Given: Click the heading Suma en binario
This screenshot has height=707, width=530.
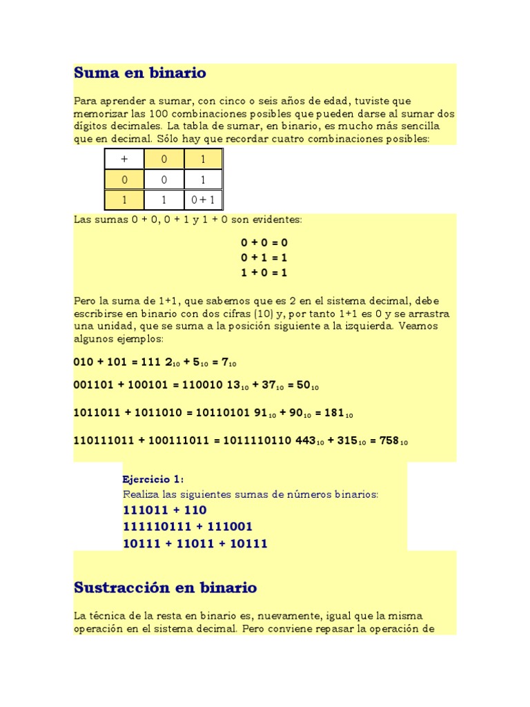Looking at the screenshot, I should pyautogui.click(x=140, y=72).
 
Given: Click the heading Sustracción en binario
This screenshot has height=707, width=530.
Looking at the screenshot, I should pyautogui.click(x=166, y=588).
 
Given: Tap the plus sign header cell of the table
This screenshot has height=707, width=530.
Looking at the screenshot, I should pyautogui.click(x=124, y=159).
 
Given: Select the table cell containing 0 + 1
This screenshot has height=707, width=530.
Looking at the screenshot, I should pyautogui.click(x=203, y=200).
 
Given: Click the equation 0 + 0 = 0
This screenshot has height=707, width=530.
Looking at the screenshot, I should pyautogui.click(x=264, y=242).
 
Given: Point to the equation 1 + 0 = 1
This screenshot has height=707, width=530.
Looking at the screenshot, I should pyautogui.click(x=264, y=272).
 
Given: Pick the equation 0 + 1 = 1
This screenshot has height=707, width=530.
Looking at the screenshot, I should pyautogui.click(x=264, y=257).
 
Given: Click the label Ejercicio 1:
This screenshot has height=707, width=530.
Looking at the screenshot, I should pyautogui.click(x=153, y=479).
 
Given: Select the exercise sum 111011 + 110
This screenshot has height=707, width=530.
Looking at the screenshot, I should pyautogui.click(x=165, y=510).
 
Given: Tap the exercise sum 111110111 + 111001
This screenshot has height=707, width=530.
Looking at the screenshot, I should pyautogui.click(x=188, y=527).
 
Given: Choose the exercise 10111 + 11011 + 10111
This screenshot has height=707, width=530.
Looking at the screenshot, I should pyautogui.click(x=195, y=543).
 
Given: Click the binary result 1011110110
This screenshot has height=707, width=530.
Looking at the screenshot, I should pyautogui.click(x=257, y=440).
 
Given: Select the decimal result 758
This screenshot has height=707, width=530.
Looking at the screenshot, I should pyautogui.click(x=389, y=440).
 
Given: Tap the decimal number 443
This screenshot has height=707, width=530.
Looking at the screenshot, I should pyautogui.click(x=305, y=440).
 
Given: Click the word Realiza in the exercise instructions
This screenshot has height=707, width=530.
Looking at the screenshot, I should pyautogui.click(x=141, y=494).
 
